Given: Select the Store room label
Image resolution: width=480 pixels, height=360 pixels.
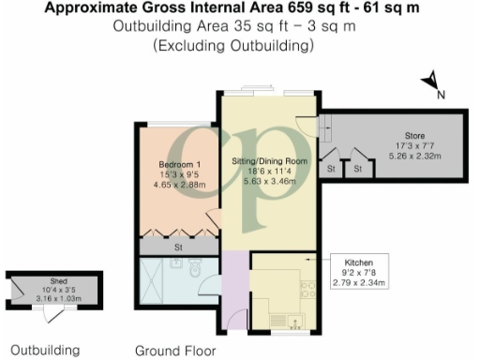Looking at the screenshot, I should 402,136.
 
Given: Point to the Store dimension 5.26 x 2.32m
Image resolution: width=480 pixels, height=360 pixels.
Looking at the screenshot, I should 402,156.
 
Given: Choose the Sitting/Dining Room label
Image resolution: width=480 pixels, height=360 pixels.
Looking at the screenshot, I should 270,160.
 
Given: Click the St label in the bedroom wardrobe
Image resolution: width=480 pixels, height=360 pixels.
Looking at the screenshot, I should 177,247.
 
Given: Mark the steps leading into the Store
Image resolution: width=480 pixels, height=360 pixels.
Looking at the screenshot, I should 325,125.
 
